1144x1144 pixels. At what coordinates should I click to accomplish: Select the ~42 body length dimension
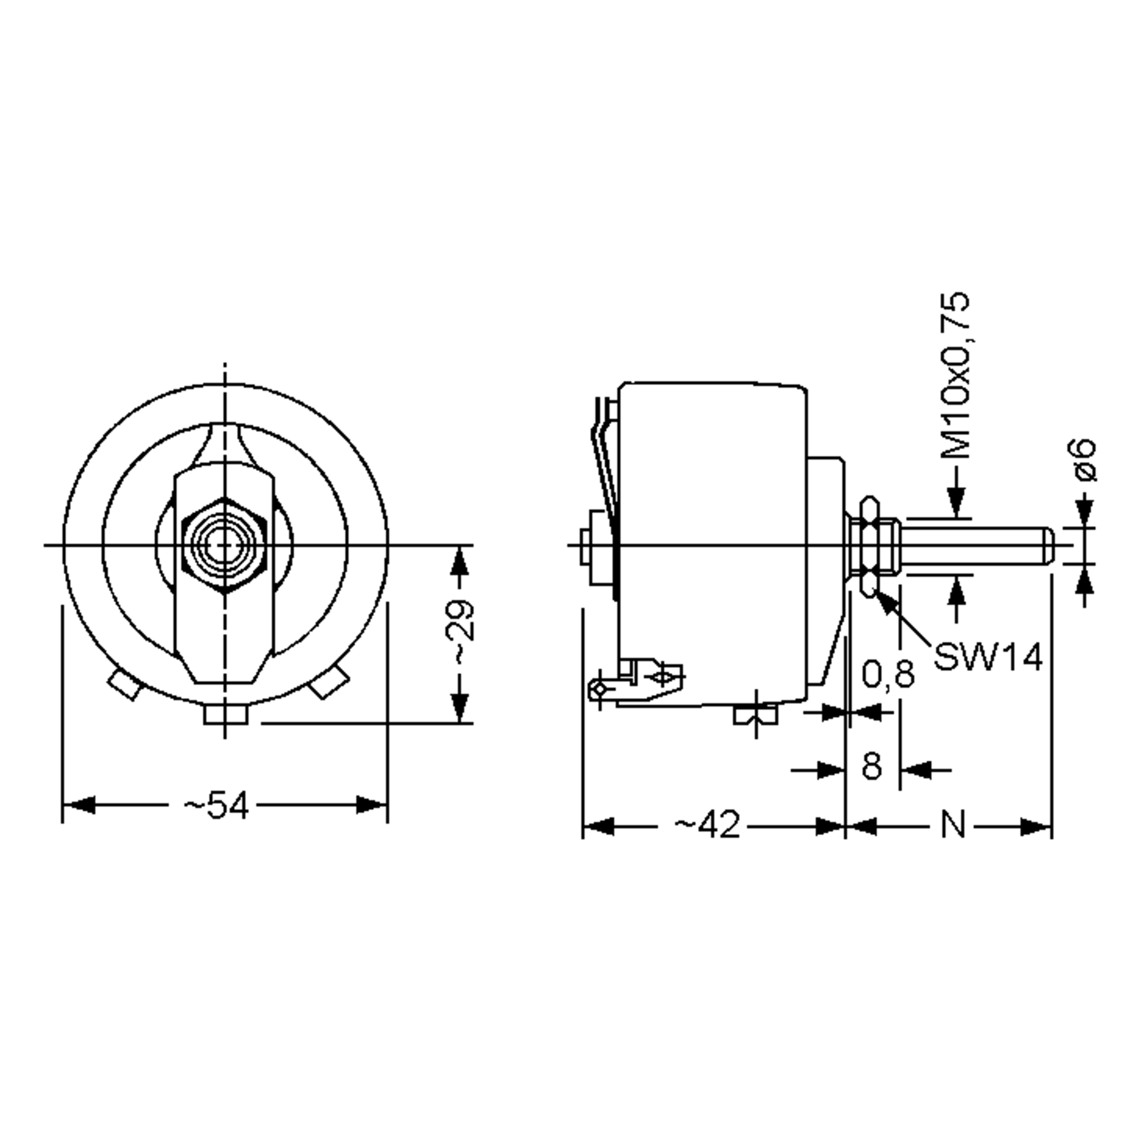tap(707, 825)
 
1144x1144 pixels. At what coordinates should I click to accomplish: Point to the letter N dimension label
tap(953, 825)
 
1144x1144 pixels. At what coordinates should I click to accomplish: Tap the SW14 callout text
tap(988, 657)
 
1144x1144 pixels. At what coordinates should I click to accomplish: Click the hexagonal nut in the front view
tap(225, 544)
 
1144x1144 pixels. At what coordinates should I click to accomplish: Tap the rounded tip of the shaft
tap(1049, 545)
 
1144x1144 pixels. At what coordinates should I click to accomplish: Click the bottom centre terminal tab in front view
tap(225, 713)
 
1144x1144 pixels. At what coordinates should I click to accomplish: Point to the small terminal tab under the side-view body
tap(756, 716)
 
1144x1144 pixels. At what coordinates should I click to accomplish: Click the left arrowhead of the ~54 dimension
tap(79, 805)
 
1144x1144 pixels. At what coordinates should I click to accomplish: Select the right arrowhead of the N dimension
tap(1036, 827)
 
